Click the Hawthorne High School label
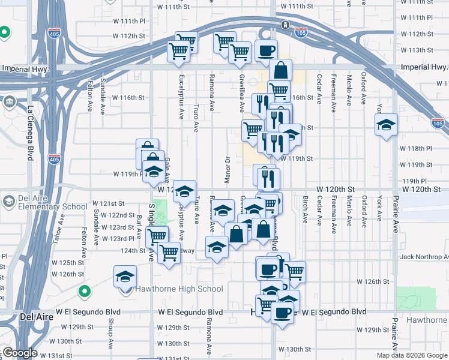pos(178,289)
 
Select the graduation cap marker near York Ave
pos(386,125)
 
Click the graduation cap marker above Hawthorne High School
pos(125,277)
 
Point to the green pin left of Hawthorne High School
pos(85,292)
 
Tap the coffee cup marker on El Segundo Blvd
pos(282,312)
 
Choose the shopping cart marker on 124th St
pos(170,252)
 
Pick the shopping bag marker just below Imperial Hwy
pos(280,70)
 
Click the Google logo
pos(19,353)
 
